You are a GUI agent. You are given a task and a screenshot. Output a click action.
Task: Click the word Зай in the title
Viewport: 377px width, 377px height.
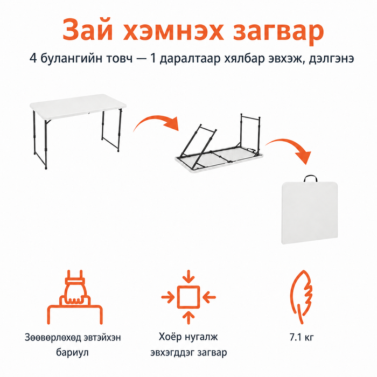point(87,30)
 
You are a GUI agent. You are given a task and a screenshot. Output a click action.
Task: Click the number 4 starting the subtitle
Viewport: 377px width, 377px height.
point(33,58)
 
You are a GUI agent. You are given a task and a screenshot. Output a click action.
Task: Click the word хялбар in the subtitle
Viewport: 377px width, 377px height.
point(245,58)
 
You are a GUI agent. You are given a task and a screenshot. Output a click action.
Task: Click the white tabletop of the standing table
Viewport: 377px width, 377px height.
point(78,106)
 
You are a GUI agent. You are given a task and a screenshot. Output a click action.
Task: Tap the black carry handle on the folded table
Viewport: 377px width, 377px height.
point(310,178)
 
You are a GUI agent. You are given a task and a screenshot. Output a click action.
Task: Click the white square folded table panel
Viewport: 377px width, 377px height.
point(310,213)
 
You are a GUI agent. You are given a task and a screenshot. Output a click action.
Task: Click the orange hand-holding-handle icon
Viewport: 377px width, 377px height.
point(75,297)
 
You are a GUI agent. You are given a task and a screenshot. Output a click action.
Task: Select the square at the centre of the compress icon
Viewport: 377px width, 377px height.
point(188,297)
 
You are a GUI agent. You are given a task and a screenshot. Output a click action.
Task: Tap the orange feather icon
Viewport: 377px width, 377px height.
point(302,297)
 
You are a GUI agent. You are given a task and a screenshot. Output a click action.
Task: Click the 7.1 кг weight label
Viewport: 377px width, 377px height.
point(302,337)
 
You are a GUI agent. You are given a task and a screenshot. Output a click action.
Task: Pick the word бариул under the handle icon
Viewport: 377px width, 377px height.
point(72,352)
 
